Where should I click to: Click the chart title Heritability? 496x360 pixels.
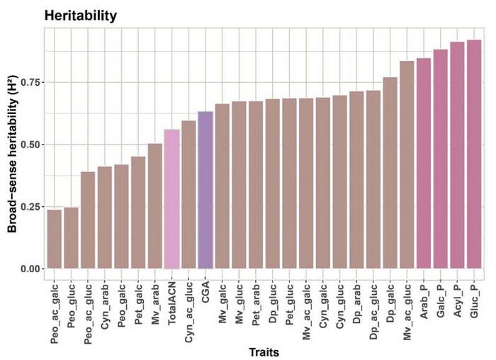pyautogui.click(x=80, y=15)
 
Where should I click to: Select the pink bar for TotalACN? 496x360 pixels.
pyautogui.click(x=171, y=199)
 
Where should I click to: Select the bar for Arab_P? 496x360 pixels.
pyautogui.click(x=424, y=164)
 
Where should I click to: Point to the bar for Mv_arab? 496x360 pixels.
pyautogui.click(x=154, y=206)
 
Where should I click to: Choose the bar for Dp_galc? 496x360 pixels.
pyautogui.click(x=390, y=173)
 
